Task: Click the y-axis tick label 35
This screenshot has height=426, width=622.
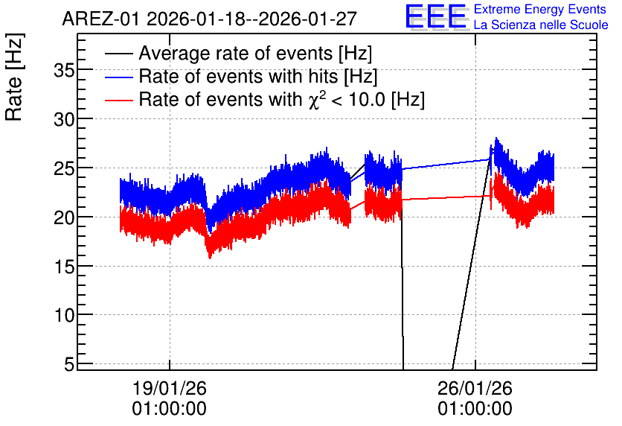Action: click(64, 71)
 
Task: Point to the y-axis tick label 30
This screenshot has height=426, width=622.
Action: click(64, 119)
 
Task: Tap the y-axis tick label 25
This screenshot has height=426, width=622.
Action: click(64, 169)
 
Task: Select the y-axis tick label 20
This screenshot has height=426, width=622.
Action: click(64, 218)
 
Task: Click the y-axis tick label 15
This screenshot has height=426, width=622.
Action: click(64, 267)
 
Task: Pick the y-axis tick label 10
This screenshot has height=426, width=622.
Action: click(64, 316)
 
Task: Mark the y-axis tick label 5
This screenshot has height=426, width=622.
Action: click(69, 364)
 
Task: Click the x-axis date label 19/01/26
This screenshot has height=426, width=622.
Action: click(170, 388)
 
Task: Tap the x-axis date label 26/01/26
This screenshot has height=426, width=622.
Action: click(475, 388)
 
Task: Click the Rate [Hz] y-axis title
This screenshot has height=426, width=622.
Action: click(14, 77)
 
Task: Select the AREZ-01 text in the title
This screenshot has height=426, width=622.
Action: click(101, 19)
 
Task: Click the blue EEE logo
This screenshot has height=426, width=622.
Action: click(436, 16)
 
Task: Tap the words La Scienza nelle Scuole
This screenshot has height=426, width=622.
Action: click(541, 25)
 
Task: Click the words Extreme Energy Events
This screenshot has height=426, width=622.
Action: click(540, 9)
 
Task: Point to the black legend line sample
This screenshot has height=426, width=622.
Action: click(118, 53)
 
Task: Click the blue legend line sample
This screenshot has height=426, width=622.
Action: click(118, 77)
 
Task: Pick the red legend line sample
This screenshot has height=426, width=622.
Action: click(118, 101)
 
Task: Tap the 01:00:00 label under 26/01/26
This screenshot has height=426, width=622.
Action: click(475, 408)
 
